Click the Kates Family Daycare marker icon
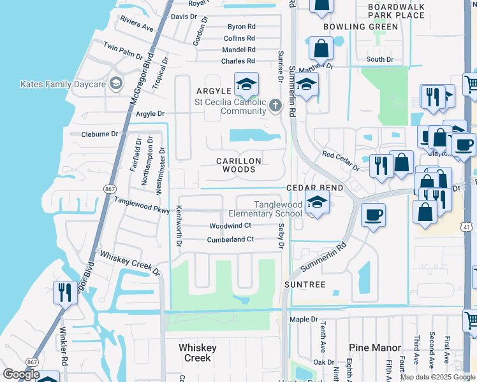tap(115, 83)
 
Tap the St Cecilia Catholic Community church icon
tap(275, 104)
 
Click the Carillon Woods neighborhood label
tap(236, 165)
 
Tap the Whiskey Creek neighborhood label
tap(198, 353)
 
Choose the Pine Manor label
tap(375, 348)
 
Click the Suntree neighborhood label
tap(305, 284)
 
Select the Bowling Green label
tap(360, 27)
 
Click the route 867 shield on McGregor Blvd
tap(109, 188)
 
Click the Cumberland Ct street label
tap(230, 240)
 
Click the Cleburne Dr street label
tap(100, 134)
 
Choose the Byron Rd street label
tap(241, 27)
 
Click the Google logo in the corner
tap(22, 375)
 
